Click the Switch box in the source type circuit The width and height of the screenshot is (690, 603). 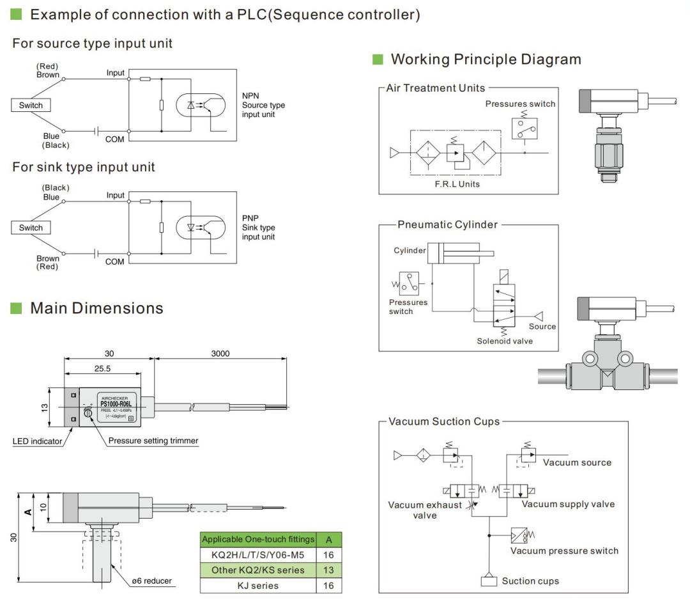click(31, 106)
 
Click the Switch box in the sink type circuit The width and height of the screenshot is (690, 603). click(31, 228)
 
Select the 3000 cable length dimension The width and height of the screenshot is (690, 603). click(220, 354)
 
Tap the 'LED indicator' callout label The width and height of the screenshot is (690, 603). click(38, 441)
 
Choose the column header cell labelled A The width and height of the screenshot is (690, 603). click(328, 539)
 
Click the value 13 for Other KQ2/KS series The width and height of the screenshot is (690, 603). click(328, 570)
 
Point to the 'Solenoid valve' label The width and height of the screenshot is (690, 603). click(505, 341)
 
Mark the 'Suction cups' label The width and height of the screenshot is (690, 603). click(530, 581)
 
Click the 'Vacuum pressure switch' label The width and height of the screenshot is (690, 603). click(564, 550)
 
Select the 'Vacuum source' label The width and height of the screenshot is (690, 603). click(577, 462)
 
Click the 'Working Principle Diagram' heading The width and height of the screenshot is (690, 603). click(486, 59)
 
